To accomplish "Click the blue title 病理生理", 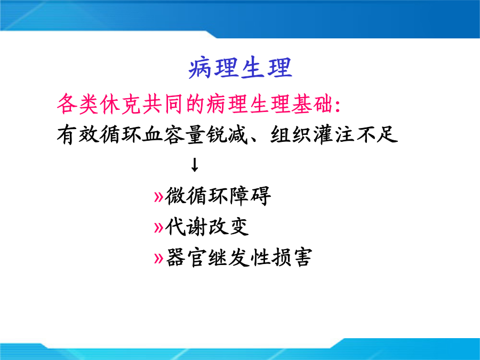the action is tap(241, 67).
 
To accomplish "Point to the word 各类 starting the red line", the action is tap(78, 105).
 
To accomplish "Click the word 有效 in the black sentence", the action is tap(78, 134).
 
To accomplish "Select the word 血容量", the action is tap(173, 134).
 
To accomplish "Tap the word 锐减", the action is tap(227, 134).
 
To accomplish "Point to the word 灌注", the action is tap(334, 134).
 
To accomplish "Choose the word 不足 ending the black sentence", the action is tap(377, 134).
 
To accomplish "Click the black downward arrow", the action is tap(194, 165).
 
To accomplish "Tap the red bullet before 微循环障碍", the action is tap(158, 197).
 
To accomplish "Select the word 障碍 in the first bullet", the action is tap(250, 196).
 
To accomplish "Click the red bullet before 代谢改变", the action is tap(158, 227).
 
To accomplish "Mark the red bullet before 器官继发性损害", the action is tap(158, 258).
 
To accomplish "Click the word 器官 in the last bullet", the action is tap(186, 257).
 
